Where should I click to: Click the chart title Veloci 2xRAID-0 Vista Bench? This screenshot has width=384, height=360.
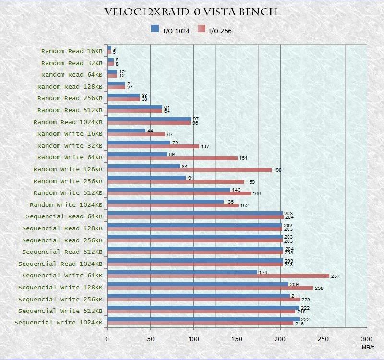click(x=191, y=12)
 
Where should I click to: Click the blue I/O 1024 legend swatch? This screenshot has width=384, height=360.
click(x=155, y=29)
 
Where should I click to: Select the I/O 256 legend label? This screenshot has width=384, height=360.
click(x=220, y=31)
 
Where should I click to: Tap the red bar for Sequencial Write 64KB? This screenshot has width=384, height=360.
click(x=218, y=276)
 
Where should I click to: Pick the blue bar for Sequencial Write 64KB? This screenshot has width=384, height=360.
click(x=182, y=272)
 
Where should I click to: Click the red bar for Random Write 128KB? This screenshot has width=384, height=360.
click(x=189, y=170)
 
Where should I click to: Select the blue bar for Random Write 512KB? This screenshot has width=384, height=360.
click(x=168, y=190)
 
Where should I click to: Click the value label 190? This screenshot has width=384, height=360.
click(x=277, y=170)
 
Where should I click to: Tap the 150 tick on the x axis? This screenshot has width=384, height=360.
click(x=237, y=339)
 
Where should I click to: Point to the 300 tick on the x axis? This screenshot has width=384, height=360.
click(x=367, y=339)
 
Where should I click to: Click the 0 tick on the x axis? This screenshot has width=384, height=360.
click(x=107, y=339)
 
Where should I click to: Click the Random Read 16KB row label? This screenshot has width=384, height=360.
click(x=72, y=51)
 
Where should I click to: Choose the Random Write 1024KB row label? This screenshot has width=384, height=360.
click(x=66, y=205)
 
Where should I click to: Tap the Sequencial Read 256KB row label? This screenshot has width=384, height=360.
click(x=62, y=240)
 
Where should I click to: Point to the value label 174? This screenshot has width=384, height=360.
click(x=263, y=272)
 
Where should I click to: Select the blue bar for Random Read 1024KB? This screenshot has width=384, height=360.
click(x=149, y=119)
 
